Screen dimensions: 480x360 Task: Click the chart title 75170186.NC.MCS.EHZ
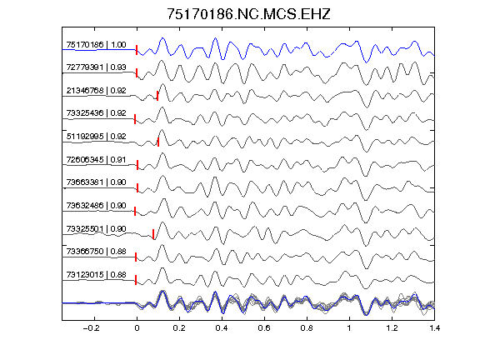point(248,14)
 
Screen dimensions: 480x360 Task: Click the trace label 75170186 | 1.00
point(96,45)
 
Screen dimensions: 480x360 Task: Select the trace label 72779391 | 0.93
point(96,67)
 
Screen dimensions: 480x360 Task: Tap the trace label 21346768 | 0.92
point(96,91)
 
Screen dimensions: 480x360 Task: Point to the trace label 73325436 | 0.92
point(96,113)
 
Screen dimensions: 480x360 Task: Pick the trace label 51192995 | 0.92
point(96,136)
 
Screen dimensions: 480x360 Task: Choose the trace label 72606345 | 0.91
point(96,159)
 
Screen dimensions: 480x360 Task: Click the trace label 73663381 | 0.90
point(96,182)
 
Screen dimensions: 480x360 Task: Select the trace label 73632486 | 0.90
point(96,205)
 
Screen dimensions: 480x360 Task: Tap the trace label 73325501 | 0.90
point(96,228)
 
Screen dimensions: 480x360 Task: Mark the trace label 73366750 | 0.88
point(96,252)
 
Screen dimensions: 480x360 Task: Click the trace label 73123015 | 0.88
point(96,275)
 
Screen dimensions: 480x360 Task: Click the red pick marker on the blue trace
point(137,50)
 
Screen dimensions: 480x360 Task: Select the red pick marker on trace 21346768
point(157,96)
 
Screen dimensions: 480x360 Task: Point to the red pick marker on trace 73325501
point(153,234)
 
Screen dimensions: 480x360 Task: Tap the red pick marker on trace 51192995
point(158,142)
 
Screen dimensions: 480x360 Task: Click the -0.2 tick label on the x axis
point(91,328)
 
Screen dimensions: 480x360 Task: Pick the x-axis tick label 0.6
point(264,328)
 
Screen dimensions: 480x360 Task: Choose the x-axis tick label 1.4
point(434,328)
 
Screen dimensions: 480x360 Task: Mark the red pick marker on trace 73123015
point(136,280)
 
